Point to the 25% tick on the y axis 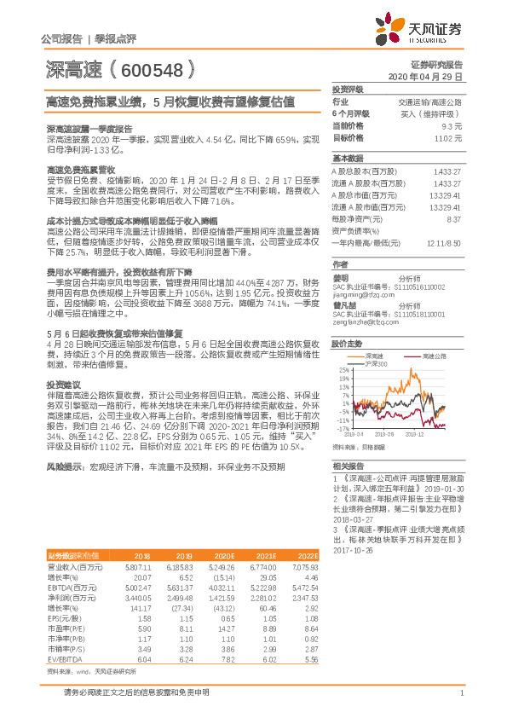click(x=344, y=346)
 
